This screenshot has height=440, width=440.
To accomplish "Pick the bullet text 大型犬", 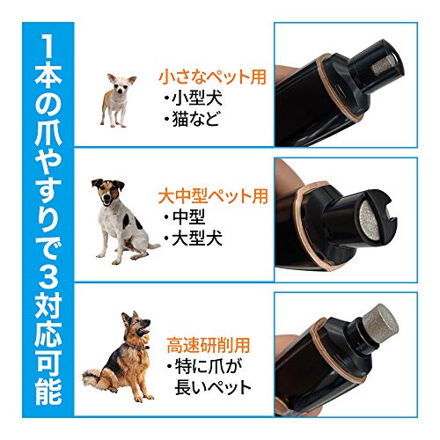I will tap(194, 237).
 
